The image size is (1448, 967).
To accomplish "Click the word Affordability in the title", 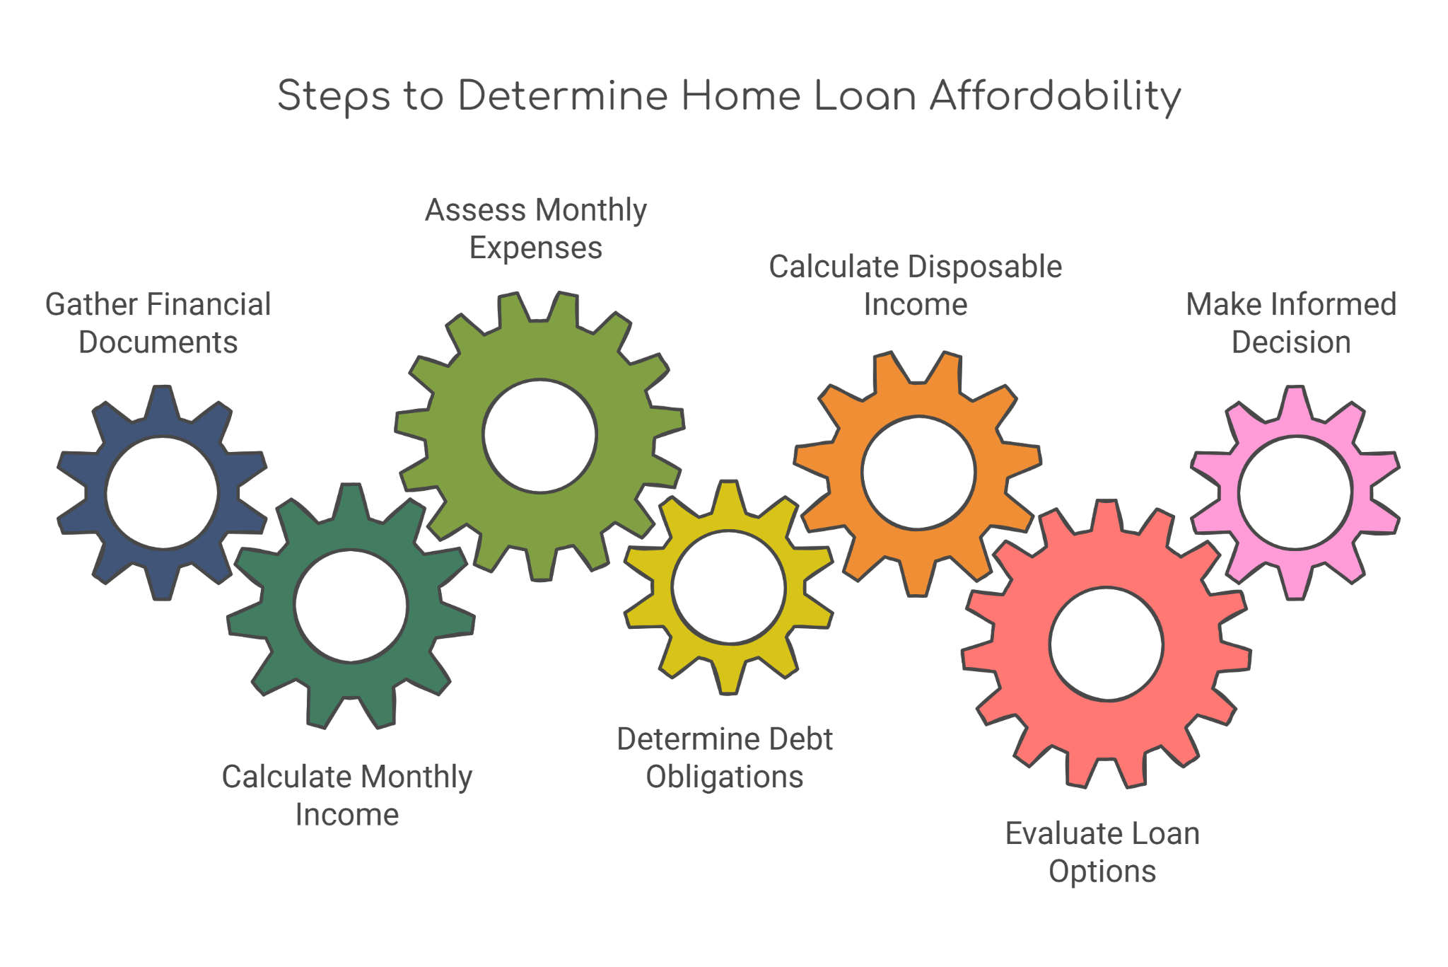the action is tap(1056, 97).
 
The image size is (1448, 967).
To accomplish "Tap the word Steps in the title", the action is tap(334, 97).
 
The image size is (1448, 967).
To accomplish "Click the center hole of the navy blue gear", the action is tap(162, 493).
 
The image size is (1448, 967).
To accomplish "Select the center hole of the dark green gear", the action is tap(351, 606).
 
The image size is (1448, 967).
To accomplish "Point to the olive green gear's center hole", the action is tap(540, 436).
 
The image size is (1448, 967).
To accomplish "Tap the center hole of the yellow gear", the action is tap(729, 587).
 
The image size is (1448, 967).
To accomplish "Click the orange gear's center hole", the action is tap(918, 473).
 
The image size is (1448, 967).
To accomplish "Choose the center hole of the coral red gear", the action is tap(1107, 644).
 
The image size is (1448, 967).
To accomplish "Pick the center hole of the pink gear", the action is tap(1295, 493).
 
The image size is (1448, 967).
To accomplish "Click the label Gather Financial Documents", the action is tap(158, 323).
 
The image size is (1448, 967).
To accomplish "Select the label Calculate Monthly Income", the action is tap(347, 796).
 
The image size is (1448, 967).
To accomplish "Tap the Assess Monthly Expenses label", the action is tap(536, 228).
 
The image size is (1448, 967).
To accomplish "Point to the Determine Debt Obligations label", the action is tap(725, 758).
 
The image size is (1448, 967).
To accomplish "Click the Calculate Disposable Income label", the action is tap(916, 286).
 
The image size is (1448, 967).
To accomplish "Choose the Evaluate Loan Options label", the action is tap(1103, 852).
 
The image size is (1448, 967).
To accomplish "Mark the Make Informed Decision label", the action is tap(1292, 323).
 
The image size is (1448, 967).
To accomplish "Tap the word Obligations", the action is tap(725, 777).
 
